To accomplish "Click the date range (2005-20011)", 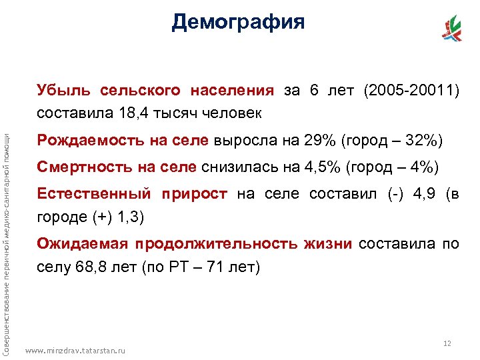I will pyautogui.click(x=411, y=90).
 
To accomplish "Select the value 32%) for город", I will pyautogui.click(x=424, y=141).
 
